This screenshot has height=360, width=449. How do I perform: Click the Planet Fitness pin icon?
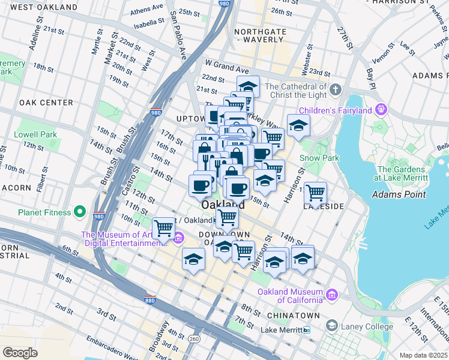pos(79,212)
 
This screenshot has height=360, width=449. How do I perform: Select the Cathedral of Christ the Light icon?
pos(335,90)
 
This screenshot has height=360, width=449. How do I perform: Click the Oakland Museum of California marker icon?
pos(331,294)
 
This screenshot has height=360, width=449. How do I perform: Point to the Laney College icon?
pos(331,325)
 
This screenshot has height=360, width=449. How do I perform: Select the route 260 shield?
pos(194,338)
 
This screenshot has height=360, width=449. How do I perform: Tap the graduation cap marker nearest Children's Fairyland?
pos(298,126)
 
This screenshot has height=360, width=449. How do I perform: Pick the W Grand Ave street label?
pos(226,63)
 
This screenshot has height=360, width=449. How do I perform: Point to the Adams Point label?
pos(399,194)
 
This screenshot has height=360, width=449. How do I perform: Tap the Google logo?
pos(20,352)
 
